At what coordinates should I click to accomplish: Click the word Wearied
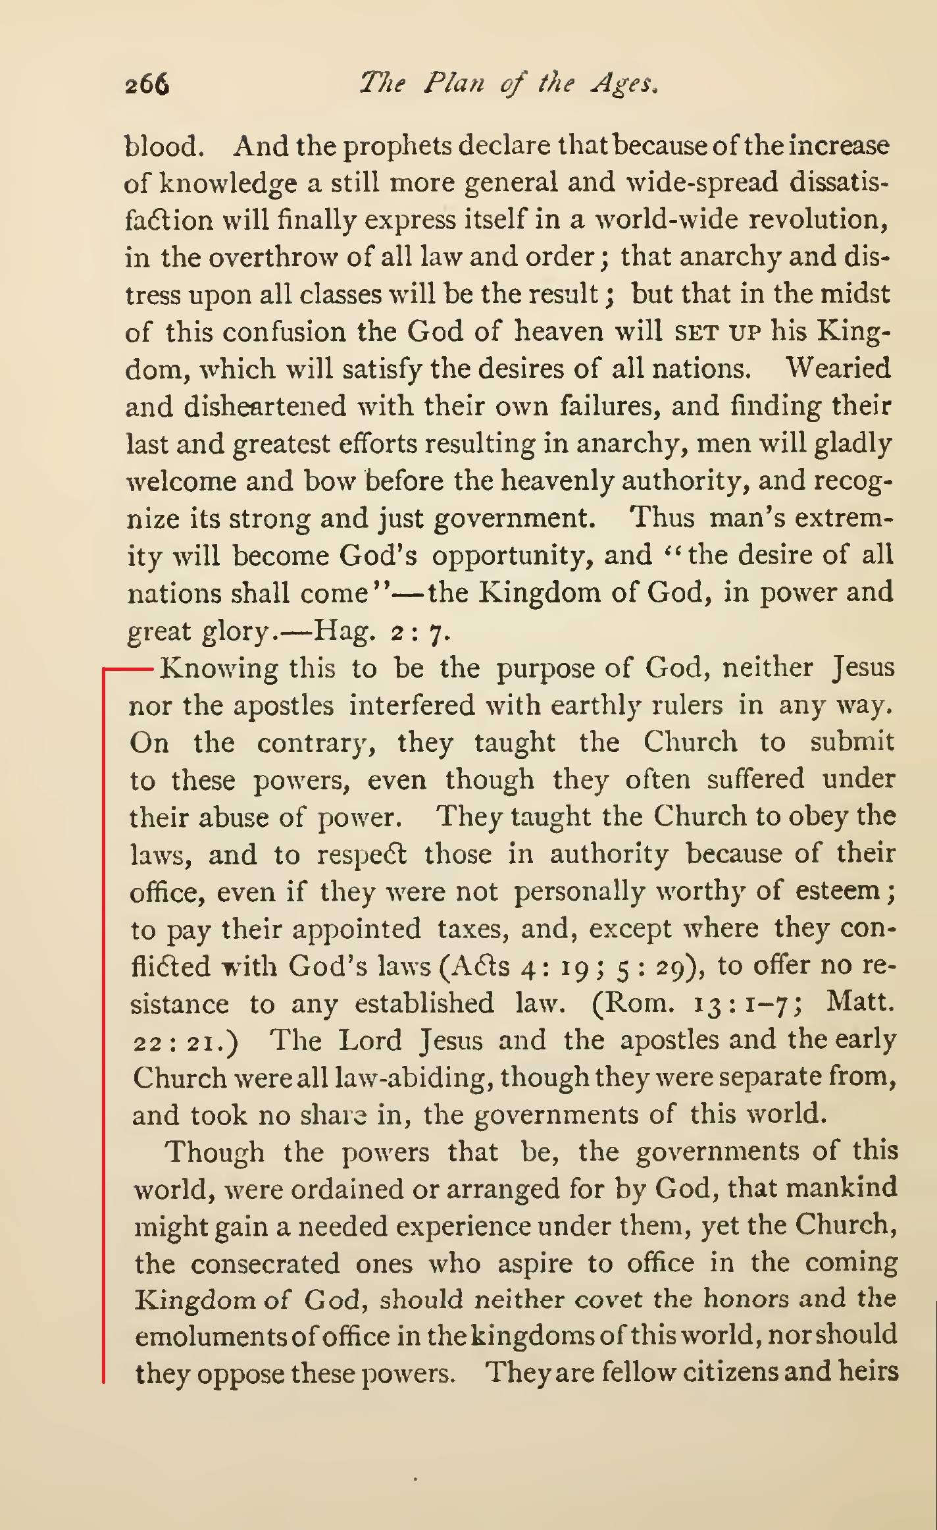coord(838,369)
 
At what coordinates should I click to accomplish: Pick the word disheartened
coord(265,406)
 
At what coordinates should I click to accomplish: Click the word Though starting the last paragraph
coord(215,1152)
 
